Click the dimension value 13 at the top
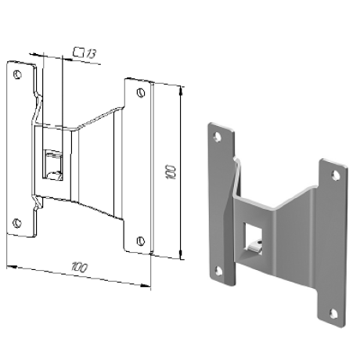click(x=92, y=54)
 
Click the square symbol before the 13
click(x=78, y=52)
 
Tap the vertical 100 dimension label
click(x=171, y=171)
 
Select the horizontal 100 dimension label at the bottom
click(x=79, y=268)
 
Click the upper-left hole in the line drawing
click(x=17, y=74)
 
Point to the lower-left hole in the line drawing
click(x=17, y=222)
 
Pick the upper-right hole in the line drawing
click(x=141, y=92)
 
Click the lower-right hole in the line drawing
click(x=141, y=240)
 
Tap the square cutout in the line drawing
click(x=53, y=165)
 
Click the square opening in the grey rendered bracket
click(x=253, y=239)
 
